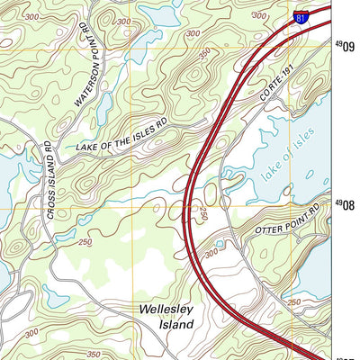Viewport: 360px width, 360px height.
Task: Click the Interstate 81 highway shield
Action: (x=301, y=17)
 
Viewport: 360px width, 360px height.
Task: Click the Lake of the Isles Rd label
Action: (x=122, y=134)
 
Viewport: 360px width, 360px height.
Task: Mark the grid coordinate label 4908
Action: (x=346, y=204)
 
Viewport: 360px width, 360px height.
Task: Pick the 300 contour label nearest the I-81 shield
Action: (x=259, y=15)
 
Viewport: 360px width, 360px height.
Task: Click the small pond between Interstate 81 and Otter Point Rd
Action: (x=220, y=244)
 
